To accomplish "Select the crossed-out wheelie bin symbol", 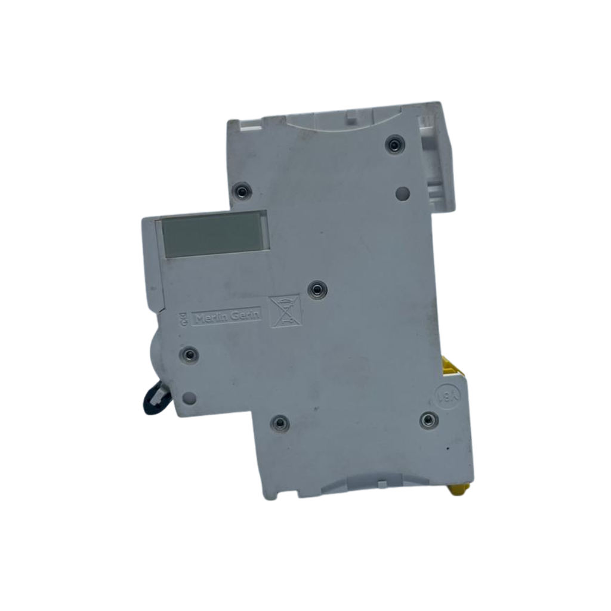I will (286, 311).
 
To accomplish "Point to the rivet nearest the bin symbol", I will (316, 290).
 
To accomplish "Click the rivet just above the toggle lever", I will (190, 355).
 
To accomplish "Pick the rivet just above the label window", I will (241, 192).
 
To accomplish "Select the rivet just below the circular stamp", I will (429, 420).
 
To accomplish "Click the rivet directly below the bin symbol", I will (279, 423).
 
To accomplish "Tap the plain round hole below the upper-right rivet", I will (403, 193).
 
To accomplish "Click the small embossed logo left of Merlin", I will (184, 319).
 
